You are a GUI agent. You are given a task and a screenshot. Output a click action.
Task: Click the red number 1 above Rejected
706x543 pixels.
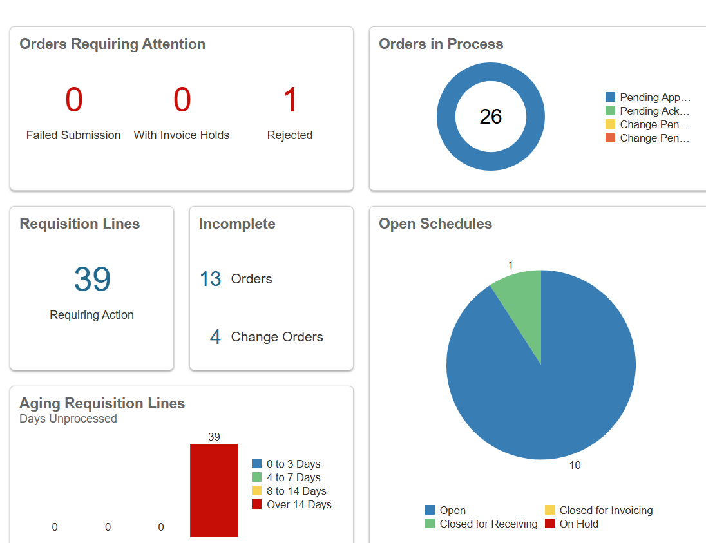point(291,100)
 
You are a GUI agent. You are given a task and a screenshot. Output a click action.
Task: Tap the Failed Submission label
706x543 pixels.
point(73,135)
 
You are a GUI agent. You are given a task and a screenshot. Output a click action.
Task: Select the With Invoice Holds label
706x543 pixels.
point(182,135)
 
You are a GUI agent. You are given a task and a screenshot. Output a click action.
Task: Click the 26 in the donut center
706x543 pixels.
point(491,117)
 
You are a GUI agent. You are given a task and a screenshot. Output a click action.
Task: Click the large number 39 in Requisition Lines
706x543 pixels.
point(92,280)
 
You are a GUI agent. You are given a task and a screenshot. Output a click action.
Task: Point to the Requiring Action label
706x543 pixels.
point(92,315)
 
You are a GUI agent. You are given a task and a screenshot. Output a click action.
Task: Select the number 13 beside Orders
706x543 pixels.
point(211,279)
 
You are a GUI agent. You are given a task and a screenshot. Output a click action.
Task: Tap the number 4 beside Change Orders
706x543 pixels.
point(215,337)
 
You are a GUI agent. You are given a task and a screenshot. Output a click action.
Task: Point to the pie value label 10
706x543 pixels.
point(575,465)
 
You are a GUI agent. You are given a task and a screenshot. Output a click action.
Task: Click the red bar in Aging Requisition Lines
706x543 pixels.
point(214,490)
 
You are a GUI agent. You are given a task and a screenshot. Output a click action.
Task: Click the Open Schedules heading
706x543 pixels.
point(435,224)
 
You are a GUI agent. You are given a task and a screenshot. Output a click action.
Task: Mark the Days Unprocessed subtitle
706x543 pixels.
point(68,419)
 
